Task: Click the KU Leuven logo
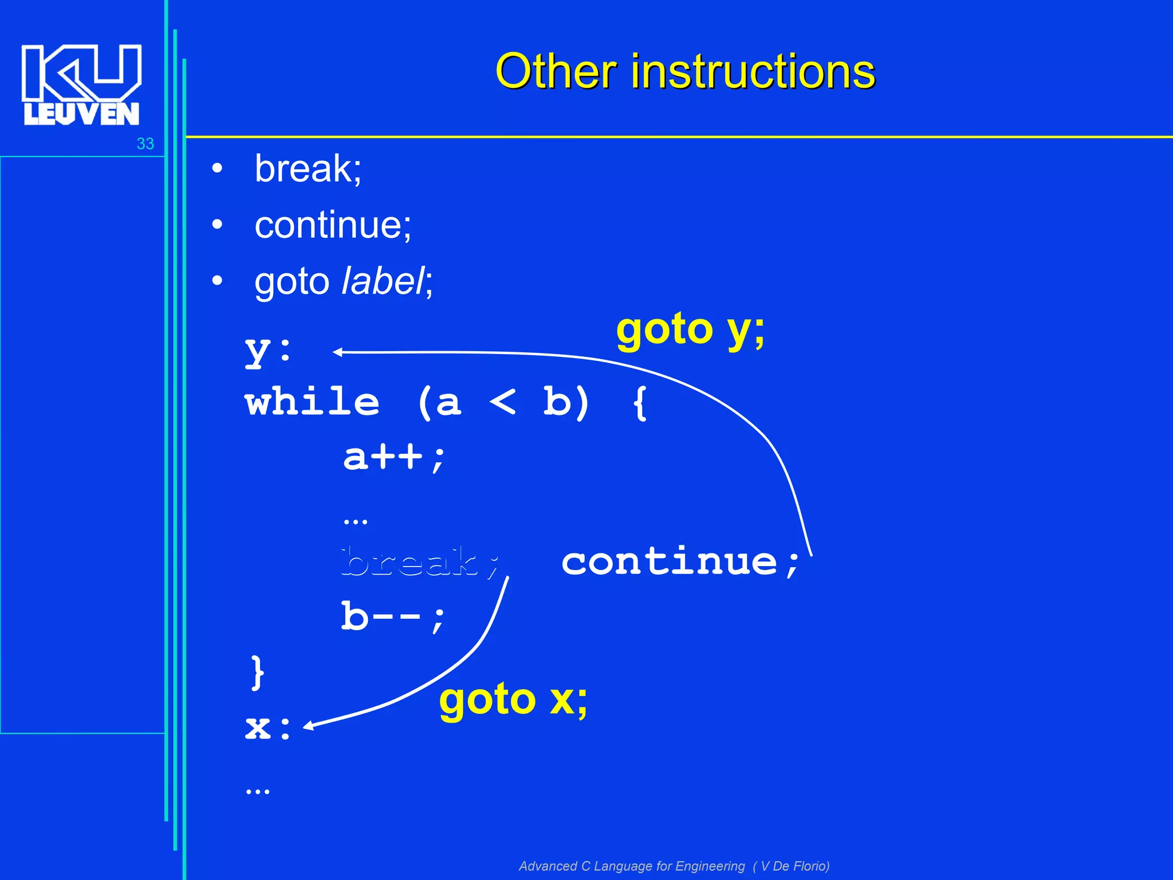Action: (81, 84)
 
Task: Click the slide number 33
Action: (145, 144)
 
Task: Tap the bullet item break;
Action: (308, 169)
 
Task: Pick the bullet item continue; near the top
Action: (333, 225)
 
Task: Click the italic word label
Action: (383, 281)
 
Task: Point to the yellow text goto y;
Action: (690, 331)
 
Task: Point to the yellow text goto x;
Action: (513, 700)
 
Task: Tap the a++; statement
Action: (394, 458)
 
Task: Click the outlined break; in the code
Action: (421, 562)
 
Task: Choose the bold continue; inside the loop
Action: (680, 562)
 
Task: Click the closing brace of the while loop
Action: (257, 672)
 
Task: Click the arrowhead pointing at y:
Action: (338, 352)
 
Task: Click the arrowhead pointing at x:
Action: (308, 726)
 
